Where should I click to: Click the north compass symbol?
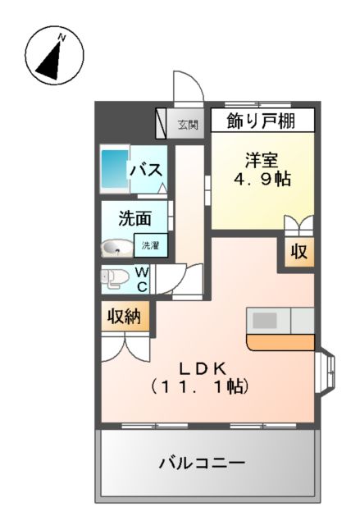[x=48, y=57]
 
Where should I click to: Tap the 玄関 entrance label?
[x=188, y=126]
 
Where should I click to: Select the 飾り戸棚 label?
[x=262, y=121]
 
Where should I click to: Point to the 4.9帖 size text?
[x=262, y=180]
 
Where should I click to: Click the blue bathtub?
[x=112, y=170]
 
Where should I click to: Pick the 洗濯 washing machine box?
[x=150, y=245]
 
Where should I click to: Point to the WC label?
[x=142, y=278]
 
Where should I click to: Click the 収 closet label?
[x=299, y=253]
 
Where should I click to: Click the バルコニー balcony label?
[x=202, y=463]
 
